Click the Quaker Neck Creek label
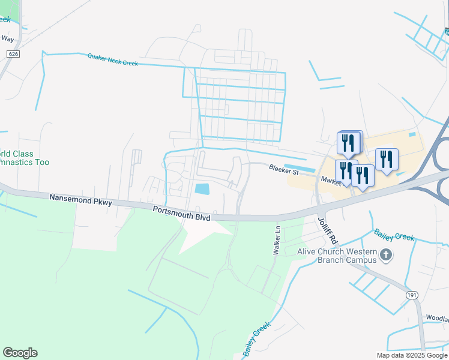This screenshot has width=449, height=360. pyautogui.click(x=113, y=59)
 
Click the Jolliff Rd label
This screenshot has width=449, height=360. pyautogui.click(x=328, y=230)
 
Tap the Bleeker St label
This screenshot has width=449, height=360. pyautogui.click(x=283, y=170)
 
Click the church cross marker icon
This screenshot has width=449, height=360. pyautogui.click(x=386, y=256)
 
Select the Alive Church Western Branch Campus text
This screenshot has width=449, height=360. pyautogui.click(x=337, y=256)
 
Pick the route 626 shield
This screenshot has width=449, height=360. pyautogui.click(x=12, y=54)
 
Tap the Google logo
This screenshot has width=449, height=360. pyautogui.click(x=20, y=353)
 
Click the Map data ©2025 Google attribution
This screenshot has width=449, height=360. pyautogui.click(x=412, y=355)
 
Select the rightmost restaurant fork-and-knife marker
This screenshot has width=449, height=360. pyautogui.click(x=387, y=160)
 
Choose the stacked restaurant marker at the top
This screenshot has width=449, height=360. pyautogui.click(x=349, y=143)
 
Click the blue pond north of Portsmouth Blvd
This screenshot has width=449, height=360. pyautogui.click(x=202, y=189)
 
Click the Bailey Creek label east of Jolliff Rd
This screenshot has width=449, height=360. pyautogui.click(x=393, y=235)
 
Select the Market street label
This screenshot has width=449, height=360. pyautogui.click(x=331, y=179)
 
